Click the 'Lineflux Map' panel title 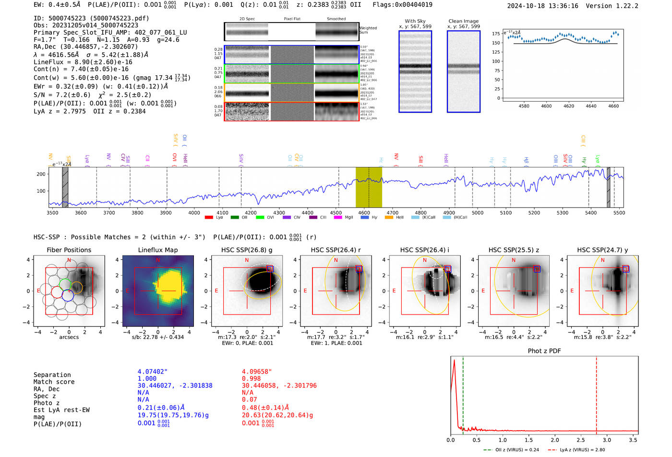[x=157, y=250]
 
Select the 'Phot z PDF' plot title [x=544, y=351]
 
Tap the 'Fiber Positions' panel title [x=69, y=250]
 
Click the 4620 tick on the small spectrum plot [x=569, y=106]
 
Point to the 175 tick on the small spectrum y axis [x=496, y=34]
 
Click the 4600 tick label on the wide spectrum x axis [x=364, y=212]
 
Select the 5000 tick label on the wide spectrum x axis [x=477, y=212]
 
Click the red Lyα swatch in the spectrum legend [x=209, y=217]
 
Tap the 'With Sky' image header [x=415, y=21]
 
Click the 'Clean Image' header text [x=463, y=21]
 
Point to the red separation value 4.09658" [x=257, y=371]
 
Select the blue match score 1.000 [x=147, y=378]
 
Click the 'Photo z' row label [x=47, y=403]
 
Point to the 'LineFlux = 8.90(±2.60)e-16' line [x=83, y=62]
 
